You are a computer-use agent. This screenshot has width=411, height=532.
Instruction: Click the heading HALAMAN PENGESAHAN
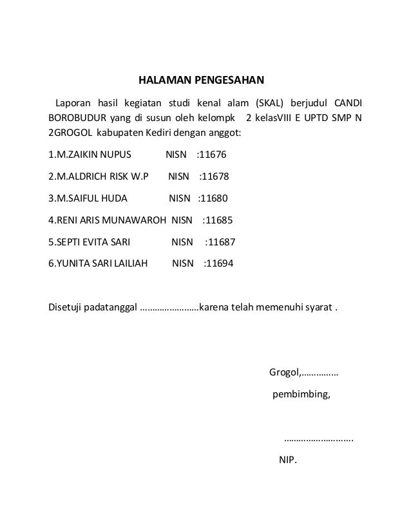pos(202,81)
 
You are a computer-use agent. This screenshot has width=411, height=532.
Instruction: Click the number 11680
pos(215,198)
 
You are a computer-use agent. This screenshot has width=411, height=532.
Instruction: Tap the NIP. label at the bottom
pos(287,461)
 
